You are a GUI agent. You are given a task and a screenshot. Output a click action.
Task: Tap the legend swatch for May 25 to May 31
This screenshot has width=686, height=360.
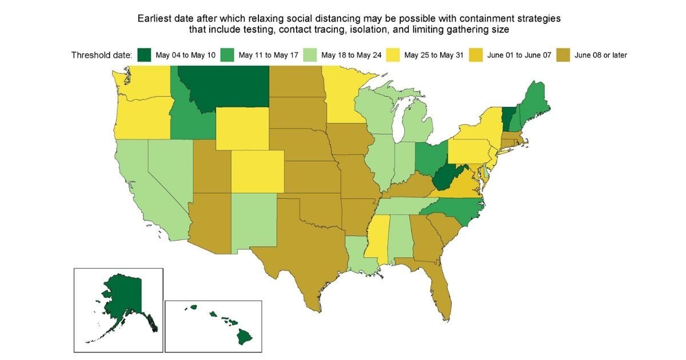click(393, 55)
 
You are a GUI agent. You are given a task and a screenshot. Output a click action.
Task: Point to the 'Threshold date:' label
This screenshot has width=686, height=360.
click(102, 55)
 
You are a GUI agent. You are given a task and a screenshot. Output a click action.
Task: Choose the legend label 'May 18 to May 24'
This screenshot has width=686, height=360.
click(350, 55)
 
